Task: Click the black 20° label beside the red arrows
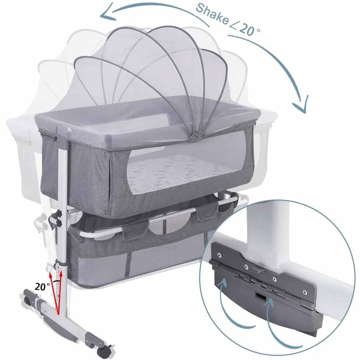42,287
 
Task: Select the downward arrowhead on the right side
300,104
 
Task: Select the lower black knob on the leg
59,223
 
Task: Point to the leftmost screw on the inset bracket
219,255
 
